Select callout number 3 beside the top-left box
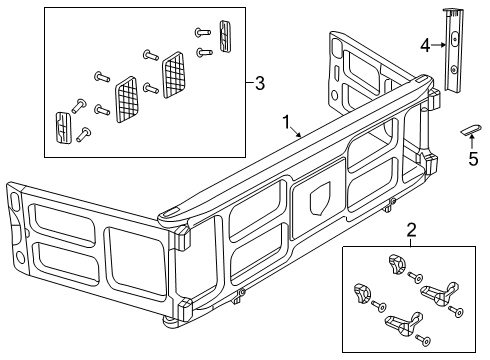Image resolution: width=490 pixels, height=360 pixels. [x=259, y=84]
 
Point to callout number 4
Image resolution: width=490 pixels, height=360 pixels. [x=425, y=44]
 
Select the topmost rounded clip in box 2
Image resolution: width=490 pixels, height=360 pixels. [x=392, y=265]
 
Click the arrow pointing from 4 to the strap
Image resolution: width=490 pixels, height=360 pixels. [x=440, y=44]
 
